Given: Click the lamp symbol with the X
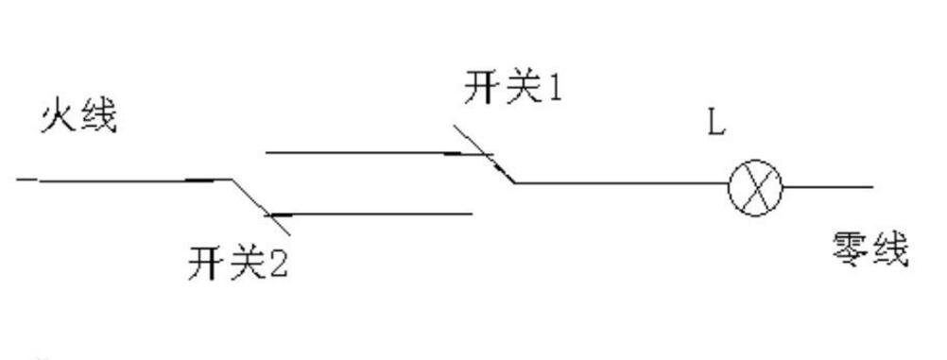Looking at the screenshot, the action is (x=756, y=184).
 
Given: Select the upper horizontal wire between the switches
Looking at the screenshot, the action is (x=359, y=151).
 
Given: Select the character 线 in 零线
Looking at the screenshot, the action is (x=890, y=250).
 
